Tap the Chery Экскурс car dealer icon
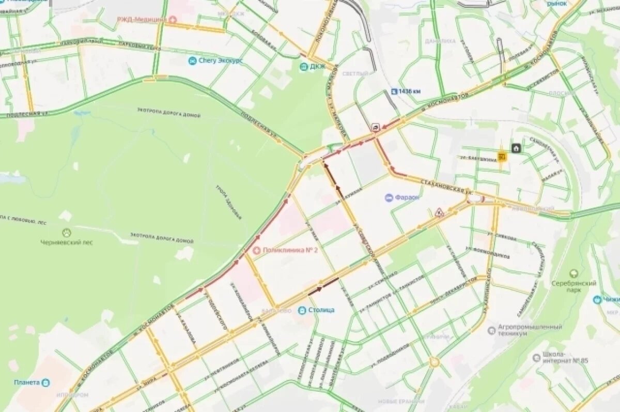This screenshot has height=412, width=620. (192, 61)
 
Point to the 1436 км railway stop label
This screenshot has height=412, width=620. (410, 91)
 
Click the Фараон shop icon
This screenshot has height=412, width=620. (389, 197)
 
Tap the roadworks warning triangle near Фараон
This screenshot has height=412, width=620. (440, 212)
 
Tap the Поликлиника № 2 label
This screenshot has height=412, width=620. (283, 250)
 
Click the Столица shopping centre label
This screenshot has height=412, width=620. (321, 310)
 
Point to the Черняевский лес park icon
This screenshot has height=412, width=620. (66, 233)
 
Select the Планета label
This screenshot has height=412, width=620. (27, 383)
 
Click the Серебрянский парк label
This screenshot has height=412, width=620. (574, 286)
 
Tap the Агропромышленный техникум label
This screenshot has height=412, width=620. (530, 330)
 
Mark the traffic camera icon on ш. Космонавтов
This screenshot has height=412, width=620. (374, 127)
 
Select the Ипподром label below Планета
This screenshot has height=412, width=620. (73, 394)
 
